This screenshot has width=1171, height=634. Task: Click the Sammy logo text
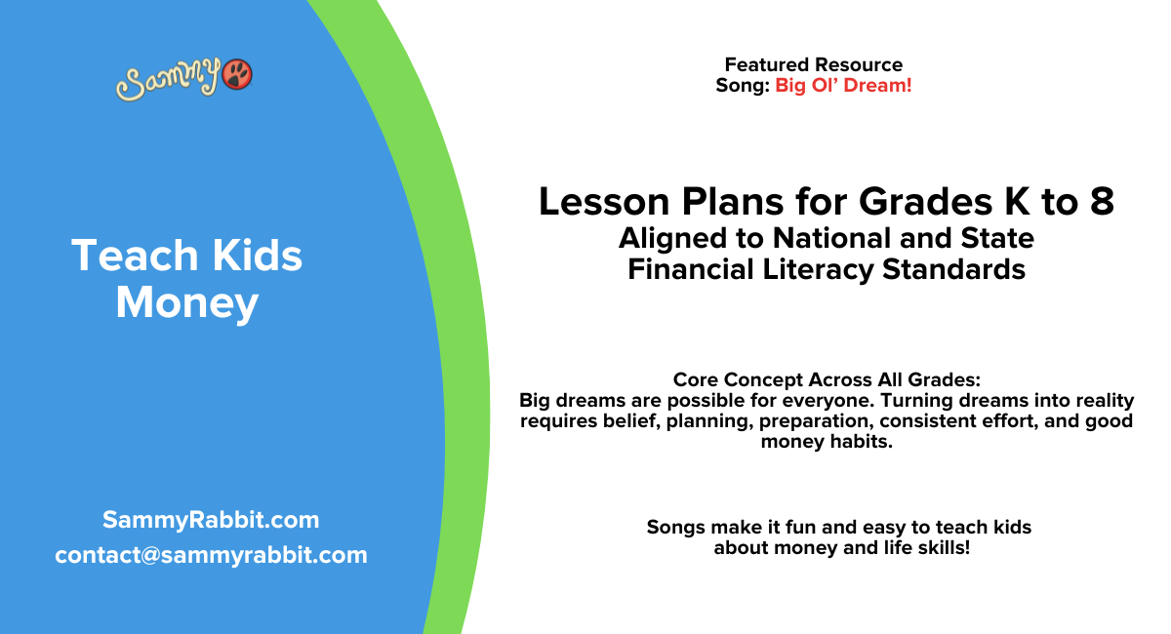tap(169, 80)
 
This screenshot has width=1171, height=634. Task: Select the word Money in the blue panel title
tap(187, 303)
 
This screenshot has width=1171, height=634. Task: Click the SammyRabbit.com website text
tap(211, 520)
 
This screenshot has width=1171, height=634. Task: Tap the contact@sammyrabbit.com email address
tap(211, 555)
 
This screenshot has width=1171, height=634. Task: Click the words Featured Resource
tap(813, 65)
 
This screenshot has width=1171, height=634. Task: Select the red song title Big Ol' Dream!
tap(843, 86)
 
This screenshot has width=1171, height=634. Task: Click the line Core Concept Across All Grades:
tap(826, 379)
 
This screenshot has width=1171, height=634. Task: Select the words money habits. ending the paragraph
tap(826, 442)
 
